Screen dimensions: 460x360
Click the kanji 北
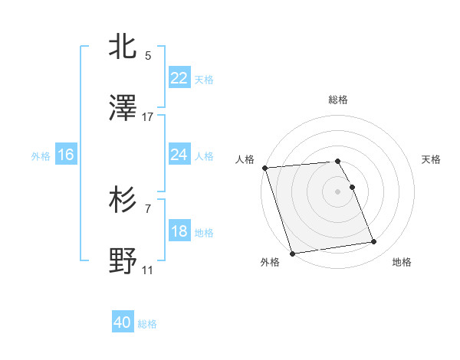[123, 47]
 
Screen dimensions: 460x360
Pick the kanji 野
[123, 262]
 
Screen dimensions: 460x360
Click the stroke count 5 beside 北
[148, 55]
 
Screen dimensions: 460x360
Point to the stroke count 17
[148, 117]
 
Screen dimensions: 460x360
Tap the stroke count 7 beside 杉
[148, 208]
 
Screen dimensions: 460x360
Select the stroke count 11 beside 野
[148, 270]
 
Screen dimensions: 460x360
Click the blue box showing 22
[179, 78]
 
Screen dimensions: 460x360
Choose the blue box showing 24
[179, 155]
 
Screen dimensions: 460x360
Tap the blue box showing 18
[179, 231]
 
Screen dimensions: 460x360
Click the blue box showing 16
[66, 155]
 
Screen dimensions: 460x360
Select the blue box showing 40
[123, 323]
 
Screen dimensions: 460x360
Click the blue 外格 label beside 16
[41, 155]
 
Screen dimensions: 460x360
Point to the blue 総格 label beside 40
[147, 324]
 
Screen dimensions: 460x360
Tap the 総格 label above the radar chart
[338, 100]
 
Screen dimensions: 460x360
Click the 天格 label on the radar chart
[431, 159]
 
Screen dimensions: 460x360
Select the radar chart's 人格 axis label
[245, 159]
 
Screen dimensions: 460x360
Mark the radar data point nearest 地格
[374, 242]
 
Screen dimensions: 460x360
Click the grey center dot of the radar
[338, 191]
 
